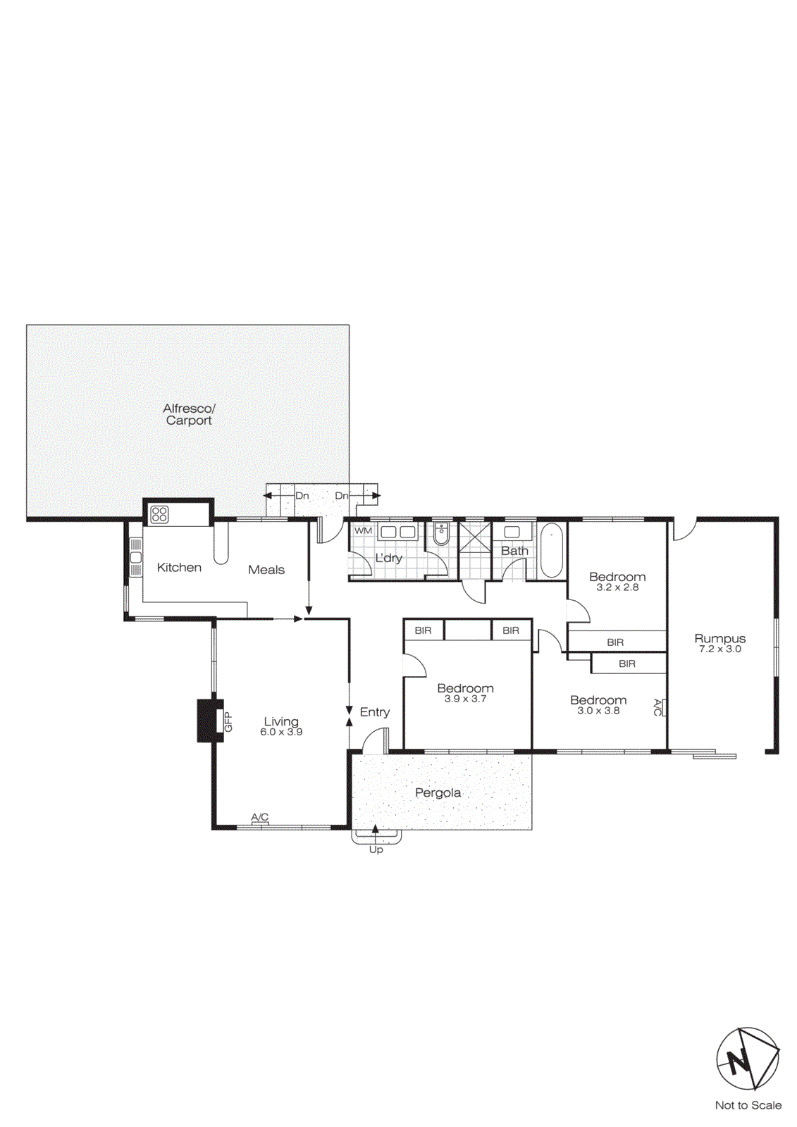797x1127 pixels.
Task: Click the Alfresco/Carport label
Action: (x=188, y=414)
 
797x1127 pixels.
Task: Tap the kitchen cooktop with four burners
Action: (x=160, y=514)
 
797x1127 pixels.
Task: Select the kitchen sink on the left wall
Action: (x=136, y=559)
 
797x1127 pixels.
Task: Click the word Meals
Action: (x=266, y=570)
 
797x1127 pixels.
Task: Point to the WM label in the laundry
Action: (x=363, y=530)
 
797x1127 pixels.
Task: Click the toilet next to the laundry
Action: (x=441, y=535)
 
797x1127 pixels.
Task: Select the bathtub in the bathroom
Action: (x=552, y=550)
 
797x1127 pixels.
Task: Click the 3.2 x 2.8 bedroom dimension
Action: (x=617, y=587)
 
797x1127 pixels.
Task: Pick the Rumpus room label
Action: (x=719, y=638)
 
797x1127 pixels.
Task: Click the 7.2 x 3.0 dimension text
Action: (x=719, y=649)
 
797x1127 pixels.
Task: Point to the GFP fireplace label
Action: (x=228, y=721)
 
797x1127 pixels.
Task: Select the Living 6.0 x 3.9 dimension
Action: (x=281, y=733)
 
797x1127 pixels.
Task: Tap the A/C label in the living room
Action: (x=260, y=817)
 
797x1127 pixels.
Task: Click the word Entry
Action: (x=374, y=712)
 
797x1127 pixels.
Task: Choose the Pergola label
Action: (x=438, y=793)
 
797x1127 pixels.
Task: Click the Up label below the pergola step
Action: (x=376, y=849)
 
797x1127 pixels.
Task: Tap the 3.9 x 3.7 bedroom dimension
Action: (x=465, y=699)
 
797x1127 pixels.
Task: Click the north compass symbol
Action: (x=748, y=1059)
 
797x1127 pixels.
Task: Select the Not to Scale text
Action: (x=748, y=1105)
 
